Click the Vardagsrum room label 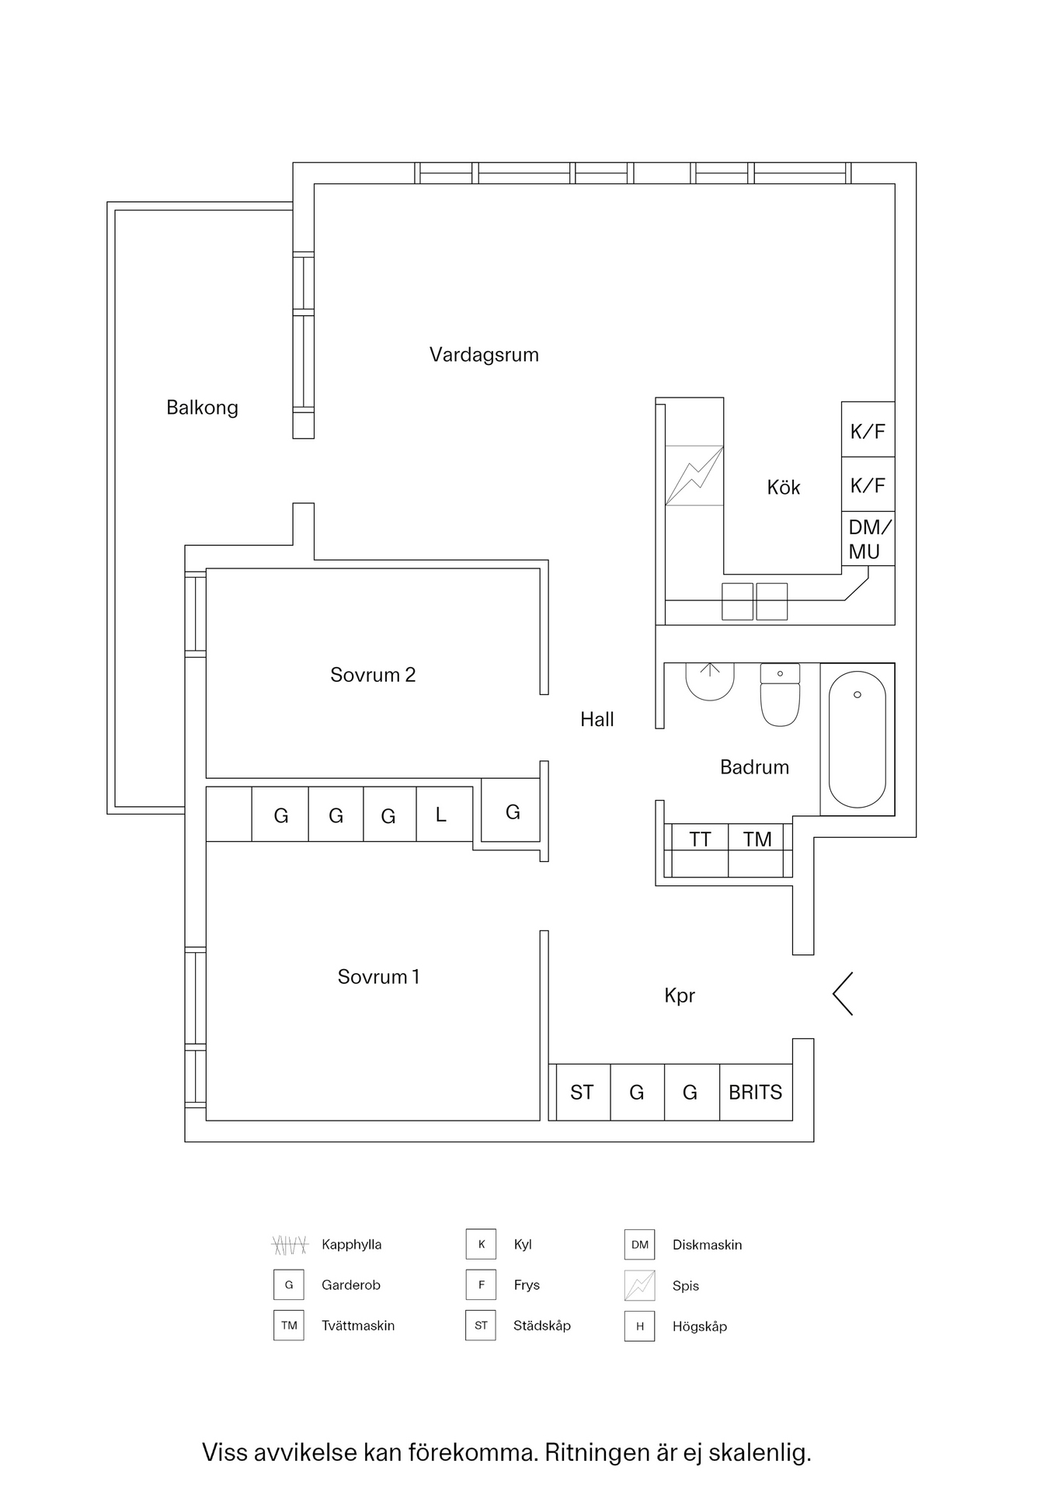click(484, 355)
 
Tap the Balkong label click(202, 408)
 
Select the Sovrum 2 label click(373, 675)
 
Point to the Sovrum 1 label click(378, 977)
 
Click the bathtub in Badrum click(857, 739)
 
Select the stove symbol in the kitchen click(694, 475)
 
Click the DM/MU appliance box click(868, 539)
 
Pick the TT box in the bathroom click(700, 839)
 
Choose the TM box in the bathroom click(757, 839)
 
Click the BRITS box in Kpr click(756, 1093)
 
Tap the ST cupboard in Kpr click(582, 1093)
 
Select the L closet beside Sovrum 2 click(441, 815)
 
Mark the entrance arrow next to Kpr click(843, 993)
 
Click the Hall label click(597, 720)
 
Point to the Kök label click(783, 488)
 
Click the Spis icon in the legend click(640, 1285)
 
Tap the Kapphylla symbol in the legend click(290, 1245)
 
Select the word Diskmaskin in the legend click(707, 1245)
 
